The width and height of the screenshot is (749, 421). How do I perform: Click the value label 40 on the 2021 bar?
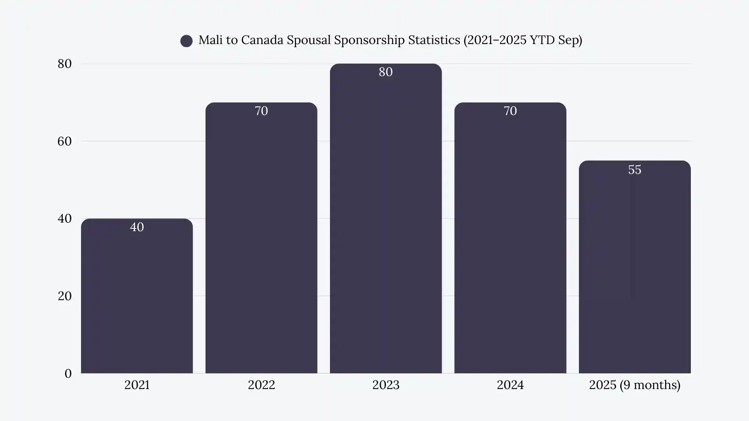tap(137, 227)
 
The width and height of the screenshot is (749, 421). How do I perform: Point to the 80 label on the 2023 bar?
tap(385, 72)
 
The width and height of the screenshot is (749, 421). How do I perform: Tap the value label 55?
tap(634, 170)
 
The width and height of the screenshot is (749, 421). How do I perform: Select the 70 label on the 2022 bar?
tap(261, 111)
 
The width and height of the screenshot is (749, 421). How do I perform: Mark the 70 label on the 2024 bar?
tap(510, 111)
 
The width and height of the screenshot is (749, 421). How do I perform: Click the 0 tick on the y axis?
tap(68, 373)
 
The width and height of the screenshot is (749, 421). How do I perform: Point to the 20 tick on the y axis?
tap(65, 296)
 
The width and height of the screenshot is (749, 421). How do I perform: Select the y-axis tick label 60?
tap(65, 141)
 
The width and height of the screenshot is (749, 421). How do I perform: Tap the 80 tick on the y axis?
tap(65, 64)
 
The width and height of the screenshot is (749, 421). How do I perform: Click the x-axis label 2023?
tap(385, 385)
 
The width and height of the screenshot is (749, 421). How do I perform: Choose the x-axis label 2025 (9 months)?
tap(634, 385)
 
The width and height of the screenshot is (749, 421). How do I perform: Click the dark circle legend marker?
tap(186, 41)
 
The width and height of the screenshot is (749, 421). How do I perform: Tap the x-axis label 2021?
tap(137, 385)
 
